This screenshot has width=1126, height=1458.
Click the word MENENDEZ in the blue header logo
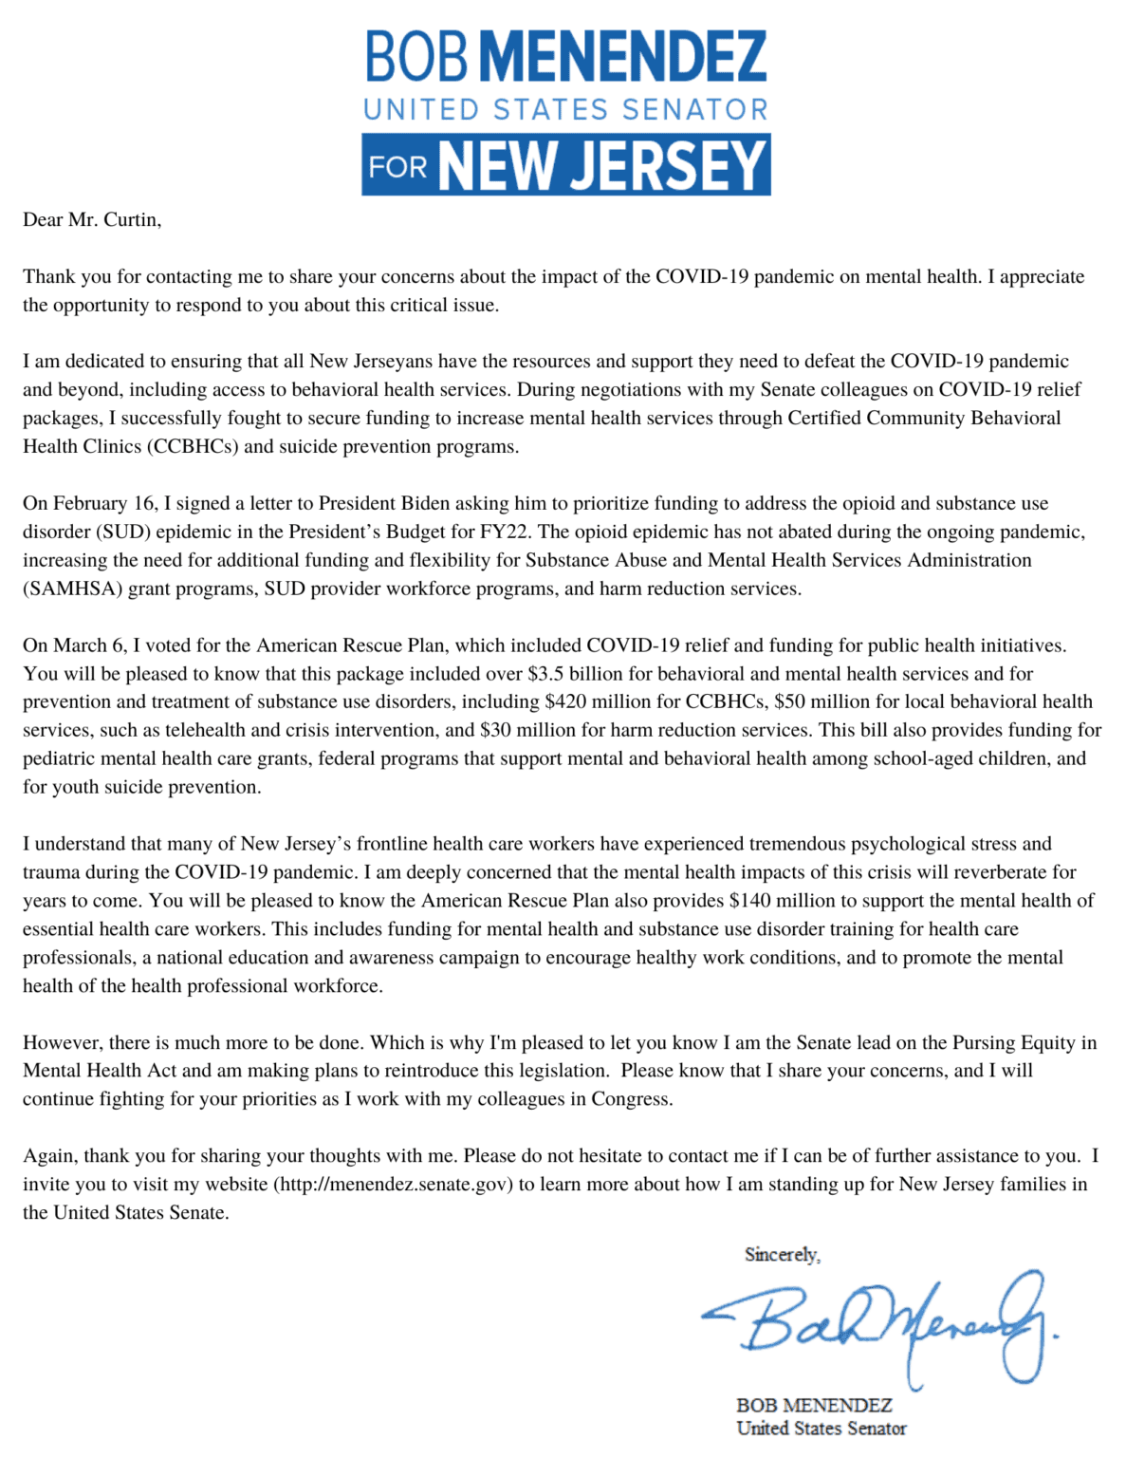pos(630,56)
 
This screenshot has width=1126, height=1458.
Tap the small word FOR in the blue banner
pos(397,167)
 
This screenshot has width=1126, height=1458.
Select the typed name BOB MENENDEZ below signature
pos(814,1406)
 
